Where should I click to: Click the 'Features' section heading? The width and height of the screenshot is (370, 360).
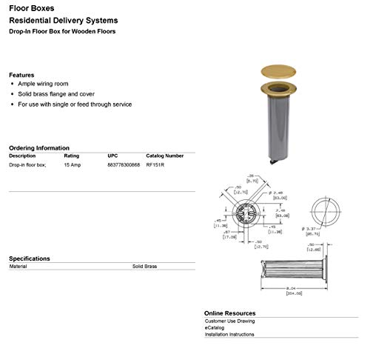click(21, 75)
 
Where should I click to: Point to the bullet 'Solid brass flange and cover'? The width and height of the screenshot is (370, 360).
click(57, 94)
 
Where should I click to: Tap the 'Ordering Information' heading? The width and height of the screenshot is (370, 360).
click(39, 147)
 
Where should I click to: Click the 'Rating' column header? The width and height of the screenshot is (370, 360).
click(72, 156)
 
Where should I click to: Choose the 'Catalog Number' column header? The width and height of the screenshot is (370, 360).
click(164, 156)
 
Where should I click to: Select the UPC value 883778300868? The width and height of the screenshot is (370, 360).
click(123, 164)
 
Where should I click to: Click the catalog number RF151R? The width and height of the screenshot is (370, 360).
click(155, 164)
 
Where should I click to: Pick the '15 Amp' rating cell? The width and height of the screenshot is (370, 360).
click(72, 164)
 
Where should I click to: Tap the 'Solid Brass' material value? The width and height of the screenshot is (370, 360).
click(144, 266)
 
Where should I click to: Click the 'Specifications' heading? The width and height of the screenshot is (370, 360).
click(30, 259)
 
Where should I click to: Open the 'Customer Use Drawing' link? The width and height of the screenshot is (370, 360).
click(229, 321)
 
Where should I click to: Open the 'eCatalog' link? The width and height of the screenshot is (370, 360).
click(215, 327)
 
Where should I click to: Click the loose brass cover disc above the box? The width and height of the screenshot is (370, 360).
click(279, 71)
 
